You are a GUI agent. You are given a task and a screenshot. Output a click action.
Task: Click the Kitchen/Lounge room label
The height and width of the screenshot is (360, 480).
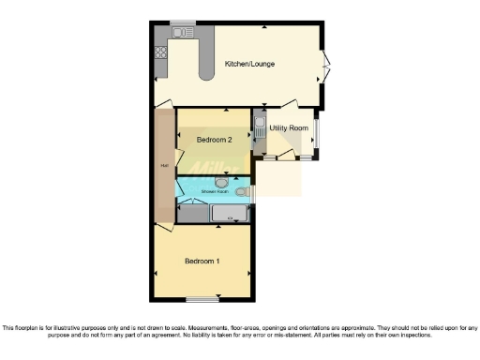(248, 65)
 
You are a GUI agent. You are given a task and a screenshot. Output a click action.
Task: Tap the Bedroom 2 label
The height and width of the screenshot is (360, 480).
(214, 140)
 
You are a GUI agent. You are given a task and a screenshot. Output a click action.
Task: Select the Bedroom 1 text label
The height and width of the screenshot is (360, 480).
(202, 260)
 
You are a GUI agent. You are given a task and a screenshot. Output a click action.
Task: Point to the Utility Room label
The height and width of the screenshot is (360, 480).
(289, 127)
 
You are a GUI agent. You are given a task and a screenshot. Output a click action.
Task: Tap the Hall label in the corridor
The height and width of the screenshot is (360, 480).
(164, 166)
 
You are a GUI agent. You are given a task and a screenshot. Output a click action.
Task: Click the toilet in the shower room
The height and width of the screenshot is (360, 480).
(243, 191)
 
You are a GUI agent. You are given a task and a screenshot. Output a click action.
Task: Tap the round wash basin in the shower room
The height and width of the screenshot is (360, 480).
(221, 183)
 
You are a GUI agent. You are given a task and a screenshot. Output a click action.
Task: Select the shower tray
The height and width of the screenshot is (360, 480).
(228, 214)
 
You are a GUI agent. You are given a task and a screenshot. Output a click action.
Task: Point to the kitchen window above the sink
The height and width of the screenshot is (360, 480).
(184, 22)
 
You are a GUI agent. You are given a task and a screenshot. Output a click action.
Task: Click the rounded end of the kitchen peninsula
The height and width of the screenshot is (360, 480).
(204, 77)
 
